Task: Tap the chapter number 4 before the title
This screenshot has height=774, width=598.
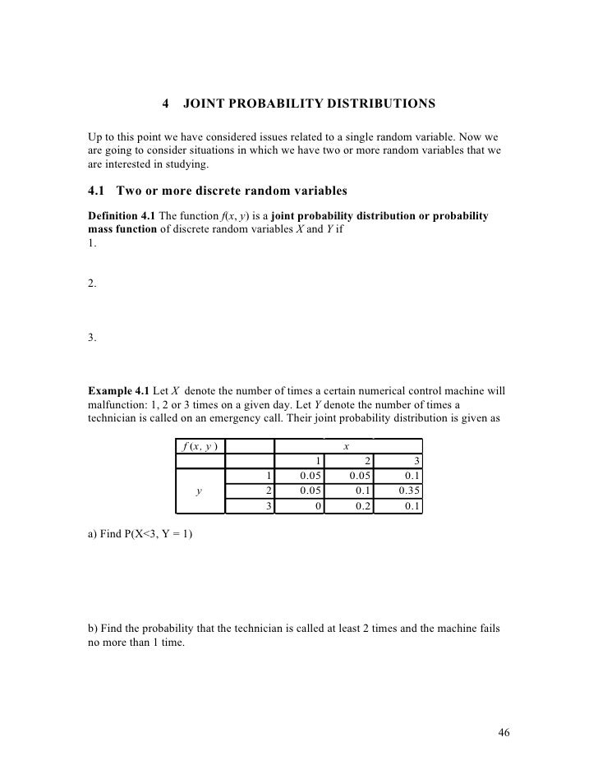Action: (x=166, y=104)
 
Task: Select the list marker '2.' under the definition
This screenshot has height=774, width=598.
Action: (x=92, y=283)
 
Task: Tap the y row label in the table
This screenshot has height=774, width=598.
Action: (x=200, y=491)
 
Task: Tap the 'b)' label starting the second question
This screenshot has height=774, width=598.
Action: (x=92, y=629)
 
